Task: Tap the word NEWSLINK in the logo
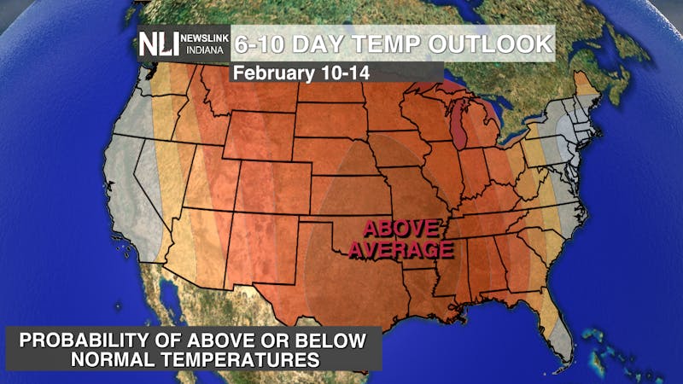pyautogui.click(x=205, y=38)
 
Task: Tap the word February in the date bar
pyautogui.click(x=277, y=73)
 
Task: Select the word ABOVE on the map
pyautogui.click(x=401, y=229)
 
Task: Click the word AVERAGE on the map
pyautogui.click(x=401, y=250)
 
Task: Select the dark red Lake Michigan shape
pyautogui.click(x=459, y=128)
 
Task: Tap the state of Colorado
pyautogui.click(x=273, y=184)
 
